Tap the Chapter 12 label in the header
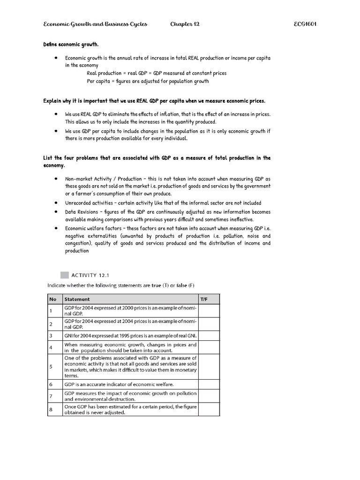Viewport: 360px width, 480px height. point(185,24)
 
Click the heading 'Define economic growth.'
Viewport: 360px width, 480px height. point(71,45)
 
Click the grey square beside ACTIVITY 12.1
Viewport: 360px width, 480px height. point(64,275)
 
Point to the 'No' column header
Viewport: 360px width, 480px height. point(52,299)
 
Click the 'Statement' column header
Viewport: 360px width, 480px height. point(77,299)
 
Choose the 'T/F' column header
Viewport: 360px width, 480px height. point(204,299)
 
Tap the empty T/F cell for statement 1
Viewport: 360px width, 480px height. point(209,310)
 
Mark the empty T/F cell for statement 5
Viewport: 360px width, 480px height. point(209,367)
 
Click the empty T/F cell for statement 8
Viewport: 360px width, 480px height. point(209,409)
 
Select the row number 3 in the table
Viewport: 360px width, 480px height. point(51,336)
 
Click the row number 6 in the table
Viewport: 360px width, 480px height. point(51,384)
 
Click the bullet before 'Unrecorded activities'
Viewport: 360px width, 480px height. point(56,203)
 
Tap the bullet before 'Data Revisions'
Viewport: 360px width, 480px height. point(56,212)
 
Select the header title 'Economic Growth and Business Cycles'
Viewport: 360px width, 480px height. point(95,24)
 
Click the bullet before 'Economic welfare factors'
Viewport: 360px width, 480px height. point(56,228)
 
